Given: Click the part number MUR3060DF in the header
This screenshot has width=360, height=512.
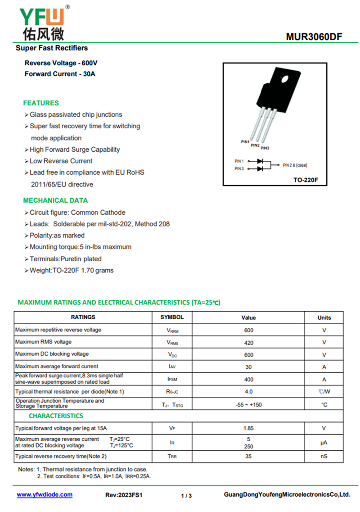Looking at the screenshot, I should point(314,36).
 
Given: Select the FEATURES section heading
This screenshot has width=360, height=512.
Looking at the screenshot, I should point(41,103).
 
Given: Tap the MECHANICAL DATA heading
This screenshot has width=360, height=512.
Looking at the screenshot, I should point(55,200).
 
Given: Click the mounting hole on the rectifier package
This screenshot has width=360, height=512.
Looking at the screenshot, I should point(284,79).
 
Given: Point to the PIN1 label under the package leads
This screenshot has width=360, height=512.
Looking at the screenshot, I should point(245,142).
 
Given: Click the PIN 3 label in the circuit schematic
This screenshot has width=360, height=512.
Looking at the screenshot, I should point(239,168).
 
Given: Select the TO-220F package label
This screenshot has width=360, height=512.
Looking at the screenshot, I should point(306,180).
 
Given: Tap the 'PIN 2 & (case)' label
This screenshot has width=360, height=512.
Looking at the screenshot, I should point(295,165).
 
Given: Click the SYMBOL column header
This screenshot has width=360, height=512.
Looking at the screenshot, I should point(172,317).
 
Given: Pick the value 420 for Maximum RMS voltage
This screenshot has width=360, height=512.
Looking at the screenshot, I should point(249,343).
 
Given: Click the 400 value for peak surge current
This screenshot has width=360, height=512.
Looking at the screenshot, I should point(249,380).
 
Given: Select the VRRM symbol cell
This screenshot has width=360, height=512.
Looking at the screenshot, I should point(172,331).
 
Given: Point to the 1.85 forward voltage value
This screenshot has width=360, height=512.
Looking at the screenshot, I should point(249,428).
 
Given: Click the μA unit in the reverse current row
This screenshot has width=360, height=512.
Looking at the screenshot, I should point(324,443).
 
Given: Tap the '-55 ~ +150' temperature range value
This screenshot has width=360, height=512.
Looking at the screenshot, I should point(249,405).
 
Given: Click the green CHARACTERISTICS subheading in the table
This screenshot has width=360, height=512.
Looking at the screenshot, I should point(56,416).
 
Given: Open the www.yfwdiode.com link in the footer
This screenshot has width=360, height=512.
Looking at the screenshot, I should point(45,494).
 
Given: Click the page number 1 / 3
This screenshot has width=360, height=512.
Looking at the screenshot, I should point(186,496).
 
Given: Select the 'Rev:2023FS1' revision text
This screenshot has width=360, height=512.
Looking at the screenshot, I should point(124,495).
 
